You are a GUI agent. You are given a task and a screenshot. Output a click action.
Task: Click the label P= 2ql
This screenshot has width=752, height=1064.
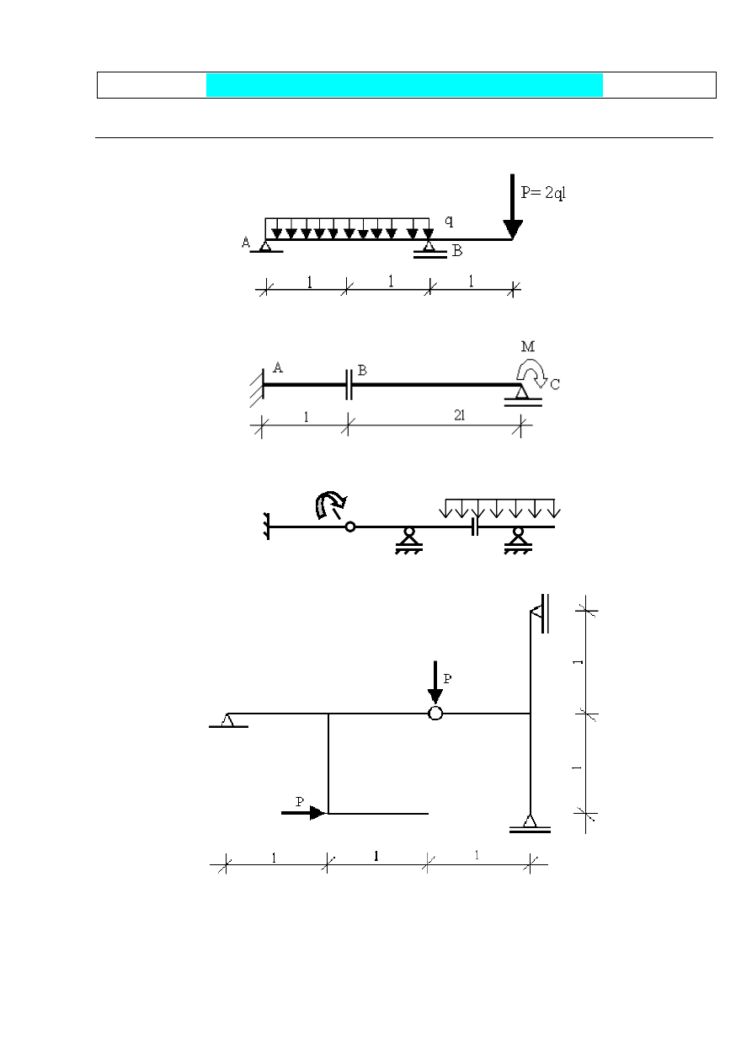coord(543,192)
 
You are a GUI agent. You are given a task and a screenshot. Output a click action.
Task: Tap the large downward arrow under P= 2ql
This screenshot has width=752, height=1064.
coord(512,206)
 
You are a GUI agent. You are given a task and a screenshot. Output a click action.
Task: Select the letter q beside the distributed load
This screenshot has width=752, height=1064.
coord(449,221)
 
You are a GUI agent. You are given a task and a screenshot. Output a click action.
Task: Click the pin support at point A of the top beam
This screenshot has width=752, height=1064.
coord(266,247)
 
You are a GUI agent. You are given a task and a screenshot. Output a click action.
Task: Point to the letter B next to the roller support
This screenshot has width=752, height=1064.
coord(457,251)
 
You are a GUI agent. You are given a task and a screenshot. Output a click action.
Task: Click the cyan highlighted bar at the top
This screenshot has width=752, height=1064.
coord(404,85)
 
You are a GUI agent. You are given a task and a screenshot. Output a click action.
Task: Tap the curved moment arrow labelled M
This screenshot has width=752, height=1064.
coord(531,373)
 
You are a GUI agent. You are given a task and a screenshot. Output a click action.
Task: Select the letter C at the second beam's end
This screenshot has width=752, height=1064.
coord(555,384)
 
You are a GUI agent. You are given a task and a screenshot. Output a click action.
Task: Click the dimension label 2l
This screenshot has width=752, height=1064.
coord(459,415)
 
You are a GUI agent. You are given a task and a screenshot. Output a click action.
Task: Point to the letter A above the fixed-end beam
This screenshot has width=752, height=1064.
coord(278,367)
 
